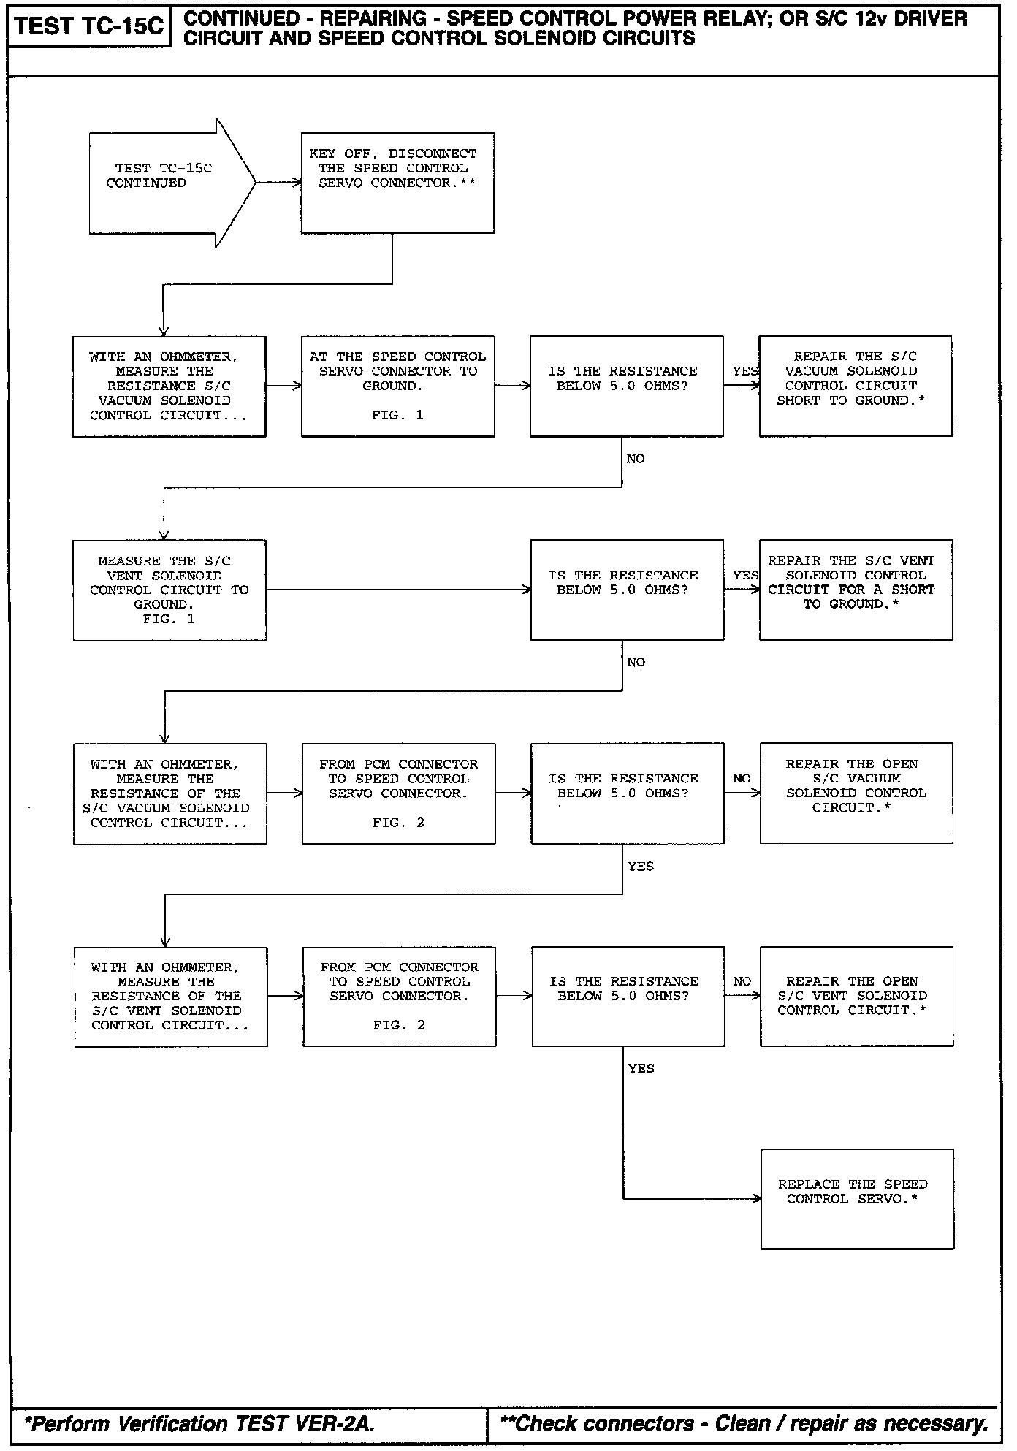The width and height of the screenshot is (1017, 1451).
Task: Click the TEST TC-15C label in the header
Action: pos(89,27)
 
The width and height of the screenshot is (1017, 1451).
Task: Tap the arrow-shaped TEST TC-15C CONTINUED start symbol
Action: pos(164,183)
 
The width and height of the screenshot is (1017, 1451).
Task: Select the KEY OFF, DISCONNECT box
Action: pos(397,183)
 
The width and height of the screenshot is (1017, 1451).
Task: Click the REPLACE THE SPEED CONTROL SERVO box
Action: pos(856,1199)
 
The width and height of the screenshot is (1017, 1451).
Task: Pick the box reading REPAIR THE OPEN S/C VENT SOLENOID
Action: pos(856,996)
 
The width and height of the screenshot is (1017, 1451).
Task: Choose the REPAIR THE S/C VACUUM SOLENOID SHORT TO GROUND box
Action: pos(855,386)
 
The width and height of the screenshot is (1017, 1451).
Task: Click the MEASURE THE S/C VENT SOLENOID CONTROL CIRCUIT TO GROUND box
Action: pos(169,590)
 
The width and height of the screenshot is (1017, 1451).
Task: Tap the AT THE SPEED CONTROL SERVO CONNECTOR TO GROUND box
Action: pos(397,386)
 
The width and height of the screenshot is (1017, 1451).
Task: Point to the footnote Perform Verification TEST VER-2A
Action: pos(199,1423)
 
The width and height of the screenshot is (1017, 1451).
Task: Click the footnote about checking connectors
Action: pos(744,1423)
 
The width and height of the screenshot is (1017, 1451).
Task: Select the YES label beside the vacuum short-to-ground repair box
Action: pos(745,371)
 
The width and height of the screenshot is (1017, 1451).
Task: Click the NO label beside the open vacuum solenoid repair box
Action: pos(742,779)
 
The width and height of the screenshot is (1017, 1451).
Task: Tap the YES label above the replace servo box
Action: pos(641,1069)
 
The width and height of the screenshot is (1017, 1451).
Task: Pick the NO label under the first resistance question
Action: pos(636,459)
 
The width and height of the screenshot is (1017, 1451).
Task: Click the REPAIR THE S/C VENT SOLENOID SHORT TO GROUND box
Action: pos(856,590)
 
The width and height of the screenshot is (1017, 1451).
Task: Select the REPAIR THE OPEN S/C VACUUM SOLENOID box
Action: pos(856,793)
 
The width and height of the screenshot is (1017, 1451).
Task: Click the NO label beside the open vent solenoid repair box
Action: pos(742,982)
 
